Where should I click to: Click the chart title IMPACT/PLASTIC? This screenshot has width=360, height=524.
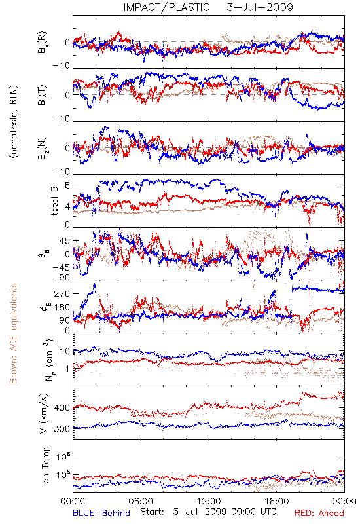[167, 7]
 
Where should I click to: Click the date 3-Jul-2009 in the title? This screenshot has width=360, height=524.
[260, 7]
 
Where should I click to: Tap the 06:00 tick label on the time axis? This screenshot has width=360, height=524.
[141, 501]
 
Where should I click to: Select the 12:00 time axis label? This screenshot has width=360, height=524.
[209, 501]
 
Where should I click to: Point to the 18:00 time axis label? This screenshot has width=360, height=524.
[277, 501]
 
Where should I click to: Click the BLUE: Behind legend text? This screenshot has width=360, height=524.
[101, 514]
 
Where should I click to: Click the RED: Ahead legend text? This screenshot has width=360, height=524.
[319, 514]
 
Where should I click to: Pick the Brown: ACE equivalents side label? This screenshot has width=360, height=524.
[13, 333]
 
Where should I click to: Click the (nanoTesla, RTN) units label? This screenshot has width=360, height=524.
[14, 122]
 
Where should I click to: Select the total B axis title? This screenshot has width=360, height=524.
[54, 201]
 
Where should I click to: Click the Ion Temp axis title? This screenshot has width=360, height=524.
[45, 466]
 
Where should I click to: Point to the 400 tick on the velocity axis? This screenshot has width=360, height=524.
[62, 407]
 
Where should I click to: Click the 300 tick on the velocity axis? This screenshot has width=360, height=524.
[62, 429]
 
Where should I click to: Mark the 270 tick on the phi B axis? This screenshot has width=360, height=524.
[62, 293]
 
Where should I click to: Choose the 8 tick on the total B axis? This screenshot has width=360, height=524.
[67, 185]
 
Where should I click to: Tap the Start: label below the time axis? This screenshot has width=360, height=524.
[153, 512]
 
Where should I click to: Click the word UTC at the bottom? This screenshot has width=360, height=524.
[269, 512]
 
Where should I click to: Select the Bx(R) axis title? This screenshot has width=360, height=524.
[43, 43]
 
